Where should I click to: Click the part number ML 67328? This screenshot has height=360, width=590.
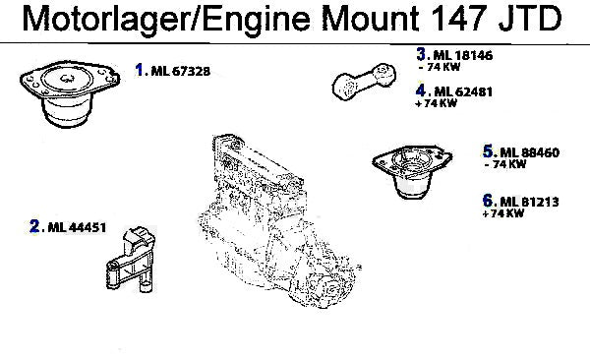tap(181, 71)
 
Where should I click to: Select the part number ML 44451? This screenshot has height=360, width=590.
tap(77, 227)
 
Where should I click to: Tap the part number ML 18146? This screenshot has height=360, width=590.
tap(463, 55)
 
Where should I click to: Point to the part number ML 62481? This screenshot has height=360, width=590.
tap(463, 91)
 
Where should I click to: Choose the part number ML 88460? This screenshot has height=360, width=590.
tap(530, 152)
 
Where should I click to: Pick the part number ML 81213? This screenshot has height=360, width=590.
tap(529, 202)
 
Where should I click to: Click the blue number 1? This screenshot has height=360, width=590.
tap(140, 70)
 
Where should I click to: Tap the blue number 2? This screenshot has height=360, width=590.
tap(34, 226)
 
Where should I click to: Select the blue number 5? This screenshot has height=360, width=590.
tap(488, 151)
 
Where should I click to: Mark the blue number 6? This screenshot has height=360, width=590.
tap(488, 201)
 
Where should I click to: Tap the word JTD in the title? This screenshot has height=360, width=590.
tap(531, 18)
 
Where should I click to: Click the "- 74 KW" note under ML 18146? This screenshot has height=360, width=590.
tap(440, 67)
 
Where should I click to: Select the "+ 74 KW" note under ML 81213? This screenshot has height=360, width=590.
tap(503, 213)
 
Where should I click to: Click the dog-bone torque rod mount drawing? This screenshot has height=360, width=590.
tap(364, 82)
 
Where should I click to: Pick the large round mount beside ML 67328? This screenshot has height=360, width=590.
tap(70, 93)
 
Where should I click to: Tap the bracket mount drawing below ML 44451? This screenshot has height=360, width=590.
tap(131, 259)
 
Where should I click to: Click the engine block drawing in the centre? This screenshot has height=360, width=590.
tap(279, 221)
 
